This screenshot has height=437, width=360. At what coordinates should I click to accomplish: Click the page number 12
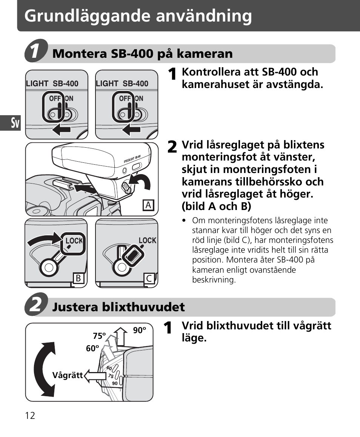(30, 416)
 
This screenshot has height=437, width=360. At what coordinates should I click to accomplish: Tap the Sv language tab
(15, 123)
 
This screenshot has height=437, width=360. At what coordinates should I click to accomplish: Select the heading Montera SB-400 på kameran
(142, 54)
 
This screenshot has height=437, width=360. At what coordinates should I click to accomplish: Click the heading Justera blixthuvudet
(118, 307)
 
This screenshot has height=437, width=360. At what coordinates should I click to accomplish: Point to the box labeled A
(148, 205)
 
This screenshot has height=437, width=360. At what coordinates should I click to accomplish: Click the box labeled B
(78, 278)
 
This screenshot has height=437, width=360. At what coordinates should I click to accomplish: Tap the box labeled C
(149, 279)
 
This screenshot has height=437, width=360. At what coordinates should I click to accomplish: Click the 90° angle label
(139, 330)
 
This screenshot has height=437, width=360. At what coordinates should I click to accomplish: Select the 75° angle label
(100, 336)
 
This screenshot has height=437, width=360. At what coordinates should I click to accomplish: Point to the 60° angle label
(92, 349)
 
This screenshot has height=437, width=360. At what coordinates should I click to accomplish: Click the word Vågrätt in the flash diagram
(67, 375)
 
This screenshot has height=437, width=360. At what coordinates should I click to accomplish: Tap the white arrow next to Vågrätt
(95, 376)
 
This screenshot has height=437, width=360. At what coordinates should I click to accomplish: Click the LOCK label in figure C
(147, 241)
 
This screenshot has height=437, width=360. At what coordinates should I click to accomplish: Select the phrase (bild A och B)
(216, 206)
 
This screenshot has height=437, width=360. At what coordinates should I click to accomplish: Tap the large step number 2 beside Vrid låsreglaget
(171, 147)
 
